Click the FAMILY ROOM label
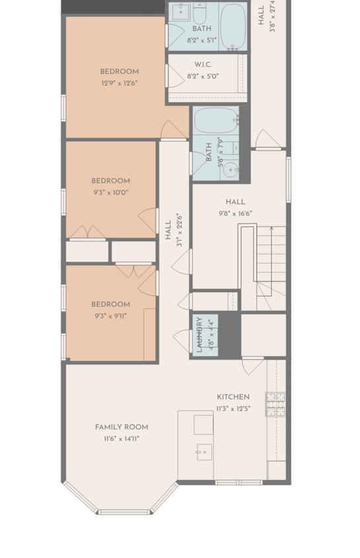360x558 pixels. pyautogui.click(x=121, y=427)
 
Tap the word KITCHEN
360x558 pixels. pyautogui.click(x=233, y=397)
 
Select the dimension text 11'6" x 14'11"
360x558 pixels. pyautogui.click(x=121, y=438)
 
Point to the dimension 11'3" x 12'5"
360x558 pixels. pyautogui.click(x=233, y=409)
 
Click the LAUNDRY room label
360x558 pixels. pyautogui.click(x=200, y=335)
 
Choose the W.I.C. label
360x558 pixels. pyautogui.click(x=202, y=65)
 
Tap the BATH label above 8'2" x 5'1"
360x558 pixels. pyautogui.click(x=201, y=29)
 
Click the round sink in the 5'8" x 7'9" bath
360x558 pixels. pyautogui.click(x=231, y=169)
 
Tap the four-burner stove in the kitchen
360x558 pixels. pyautogui.click(x=275, y=404)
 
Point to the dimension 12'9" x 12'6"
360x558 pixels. pyautogui.click(x=119, y=83)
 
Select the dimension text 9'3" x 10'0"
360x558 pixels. pyautogui.click(x=110, y=192)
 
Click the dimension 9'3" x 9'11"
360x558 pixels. pyautogui.click(x=110, y=316)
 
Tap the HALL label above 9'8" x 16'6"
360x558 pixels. pyautogui.click(x=234, y=202)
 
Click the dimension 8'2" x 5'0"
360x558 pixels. pyautogui.click(x=203, y=76)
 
